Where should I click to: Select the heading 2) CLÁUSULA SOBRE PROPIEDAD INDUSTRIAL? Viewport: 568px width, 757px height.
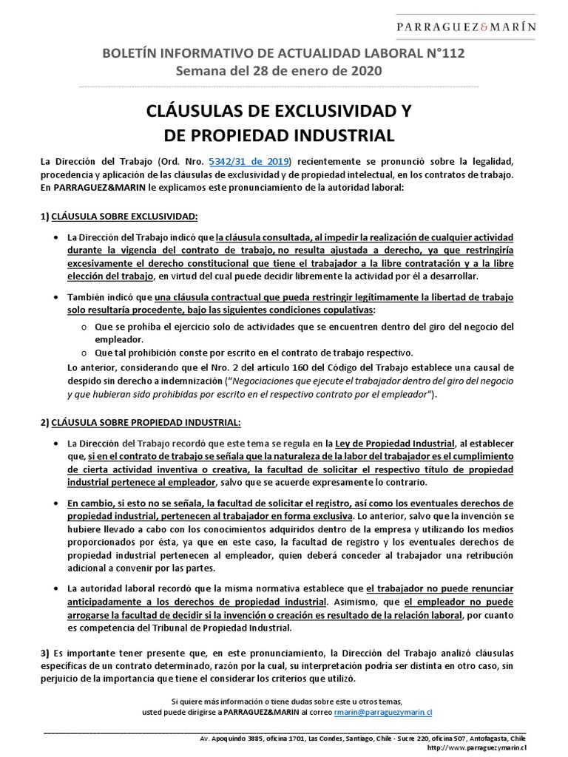pos(141,421)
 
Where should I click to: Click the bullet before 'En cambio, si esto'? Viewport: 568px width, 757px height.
pos(57,502)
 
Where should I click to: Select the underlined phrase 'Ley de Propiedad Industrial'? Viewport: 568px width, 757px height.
pos(396,444)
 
